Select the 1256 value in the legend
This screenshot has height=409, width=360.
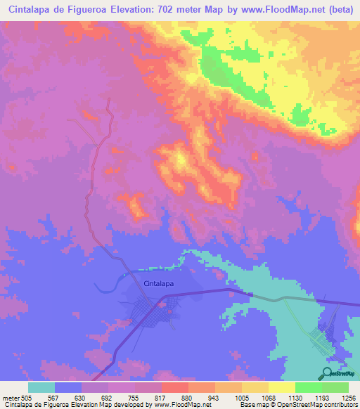349,397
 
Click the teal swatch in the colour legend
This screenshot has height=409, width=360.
41,387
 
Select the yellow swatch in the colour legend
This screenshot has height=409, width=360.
281,387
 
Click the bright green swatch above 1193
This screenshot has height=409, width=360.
307,387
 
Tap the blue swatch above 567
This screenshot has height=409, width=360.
68,387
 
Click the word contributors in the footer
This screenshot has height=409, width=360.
340,405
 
